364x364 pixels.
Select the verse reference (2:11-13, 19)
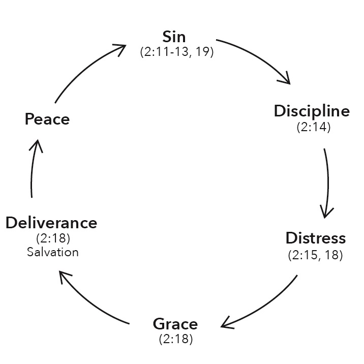[176, 51]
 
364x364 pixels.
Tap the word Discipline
[312, 111]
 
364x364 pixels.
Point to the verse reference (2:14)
[313, 127]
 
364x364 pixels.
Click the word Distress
[315, 238]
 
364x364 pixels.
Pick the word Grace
[175, 323]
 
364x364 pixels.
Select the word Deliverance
[51, 223]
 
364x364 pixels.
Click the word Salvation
[52, 252]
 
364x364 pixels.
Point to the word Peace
[47, 119]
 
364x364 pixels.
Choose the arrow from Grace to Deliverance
[92, 300]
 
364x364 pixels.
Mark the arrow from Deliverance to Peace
[33, 168]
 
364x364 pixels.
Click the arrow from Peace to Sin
[86, 69]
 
